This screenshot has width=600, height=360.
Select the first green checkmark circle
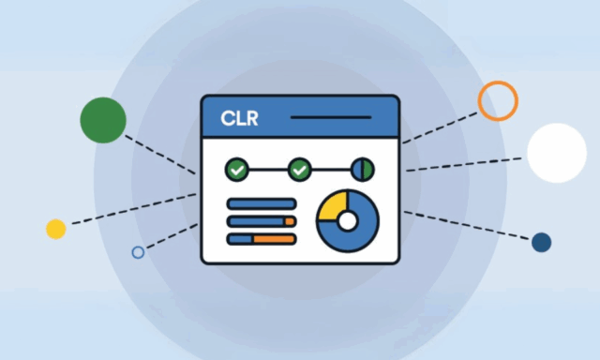click(x=237, y=170)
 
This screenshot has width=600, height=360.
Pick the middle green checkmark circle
click(x=299, y=170)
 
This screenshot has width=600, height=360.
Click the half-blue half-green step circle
click(x=363, y=170)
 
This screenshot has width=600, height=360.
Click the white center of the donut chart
click(x=347, y=221)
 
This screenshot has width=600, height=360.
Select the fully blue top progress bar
click(x=262, y=203)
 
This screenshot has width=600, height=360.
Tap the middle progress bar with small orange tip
click(x=262, y=221)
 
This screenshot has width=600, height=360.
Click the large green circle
click(x=103, y=120)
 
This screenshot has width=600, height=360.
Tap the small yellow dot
click(x=56, y=229)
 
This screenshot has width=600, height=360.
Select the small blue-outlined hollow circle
click(x=138, y=252)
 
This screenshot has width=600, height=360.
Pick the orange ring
click(x=498, y=100)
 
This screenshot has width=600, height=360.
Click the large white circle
click(x=556, y=153)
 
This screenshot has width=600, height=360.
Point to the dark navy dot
click(x=541, y=243)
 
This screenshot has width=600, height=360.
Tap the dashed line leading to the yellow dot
click(x=131, y=210)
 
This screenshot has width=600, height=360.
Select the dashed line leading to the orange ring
click(x=441, y=127)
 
